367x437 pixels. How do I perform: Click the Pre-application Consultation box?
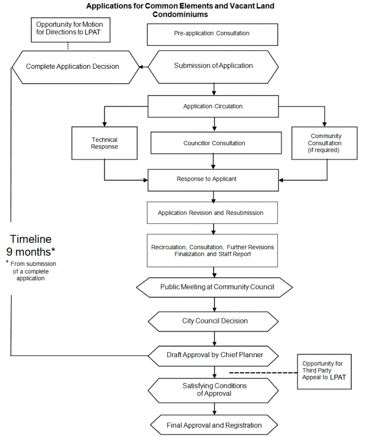click(213, 34)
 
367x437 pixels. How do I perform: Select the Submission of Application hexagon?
click(213, 66)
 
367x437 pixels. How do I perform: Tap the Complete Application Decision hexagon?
click(73, 67)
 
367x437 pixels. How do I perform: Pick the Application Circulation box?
click(213, 107)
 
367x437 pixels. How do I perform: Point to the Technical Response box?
click(104, 143)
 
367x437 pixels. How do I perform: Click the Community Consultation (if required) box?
click(324, 143)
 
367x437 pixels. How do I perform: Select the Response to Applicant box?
click(213, 180)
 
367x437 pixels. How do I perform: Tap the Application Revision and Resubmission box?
click(212, 213)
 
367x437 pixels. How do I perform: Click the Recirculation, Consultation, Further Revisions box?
click(212, 251)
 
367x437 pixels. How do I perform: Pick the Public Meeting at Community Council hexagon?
click(214, 288)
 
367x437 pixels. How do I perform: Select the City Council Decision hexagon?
click(215, 321)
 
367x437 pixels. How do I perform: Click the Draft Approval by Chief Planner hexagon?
click(214, 355)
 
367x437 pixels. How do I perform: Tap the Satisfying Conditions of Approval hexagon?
click(214, 390)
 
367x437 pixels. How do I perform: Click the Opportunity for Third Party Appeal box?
click(324, 371)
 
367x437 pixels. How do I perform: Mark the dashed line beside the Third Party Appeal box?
click(263, 373)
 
